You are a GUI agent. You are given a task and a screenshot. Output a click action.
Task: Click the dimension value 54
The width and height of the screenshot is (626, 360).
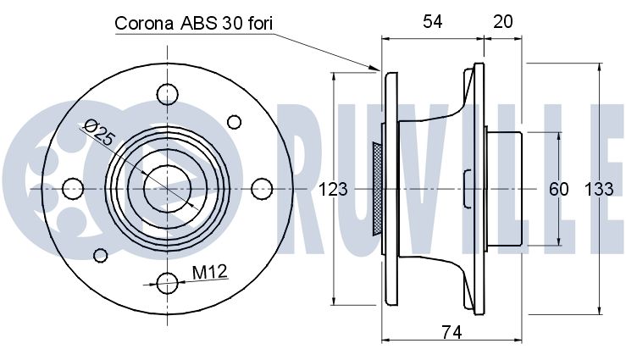click(433, 21)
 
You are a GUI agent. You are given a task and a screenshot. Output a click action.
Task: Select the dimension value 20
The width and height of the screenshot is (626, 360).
click(502, 21)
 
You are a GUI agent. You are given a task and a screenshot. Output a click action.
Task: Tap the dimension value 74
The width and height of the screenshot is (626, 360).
click(451, 332)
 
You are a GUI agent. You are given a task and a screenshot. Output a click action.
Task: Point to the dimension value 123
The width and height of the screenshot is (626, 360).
click(333, 189)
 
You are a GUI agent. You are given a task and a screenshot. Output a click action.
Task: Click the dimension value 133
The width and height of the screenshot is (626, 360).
click(599, 189)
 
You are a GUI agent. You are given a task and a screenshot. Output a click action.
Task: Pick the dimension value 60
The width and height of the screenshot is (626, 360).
click(558, 189)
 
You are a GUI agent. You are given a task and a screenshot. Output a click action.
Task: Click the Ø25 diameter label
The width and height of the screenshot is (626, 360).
click(100, 132)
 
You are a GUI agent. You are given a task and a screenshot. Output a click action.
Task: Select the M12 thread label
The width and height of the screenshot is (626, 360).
click(209, 272)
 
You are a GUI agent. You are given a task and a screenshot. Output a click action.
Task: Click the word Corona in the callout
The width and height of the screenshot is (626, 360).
click(144, 24)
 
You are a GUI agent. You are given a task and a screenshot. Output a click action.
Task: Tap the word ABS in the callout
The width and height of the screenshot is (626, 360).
click(199, 24)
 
